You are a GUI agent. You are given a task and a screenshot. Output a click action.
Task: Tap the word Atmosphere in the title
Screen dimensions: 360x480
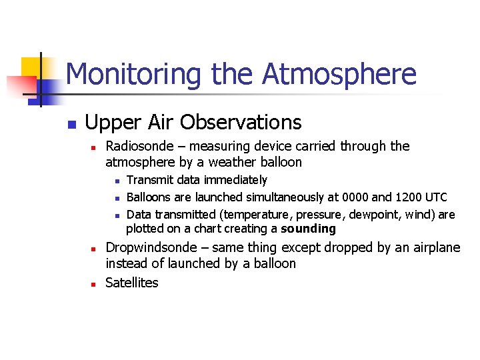click(339, 74)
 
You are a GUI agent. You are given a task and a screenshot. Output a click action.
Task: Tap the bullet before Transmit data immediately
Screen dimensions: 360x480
click(116, 181)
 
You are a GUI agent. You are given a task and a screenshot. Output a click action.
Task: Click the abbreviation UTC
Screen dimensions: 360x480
click(436, 197)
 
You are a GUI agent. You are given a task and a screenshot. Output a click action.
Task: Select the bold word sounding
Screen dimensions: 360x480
click(308, 229)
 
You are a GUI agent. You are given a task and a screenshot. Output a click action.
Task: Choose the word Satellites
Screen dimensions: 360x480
click(132, 283)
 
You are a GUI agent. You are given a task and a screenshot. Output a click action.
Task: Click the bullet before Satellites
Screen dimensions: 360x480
click(95, 284)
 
